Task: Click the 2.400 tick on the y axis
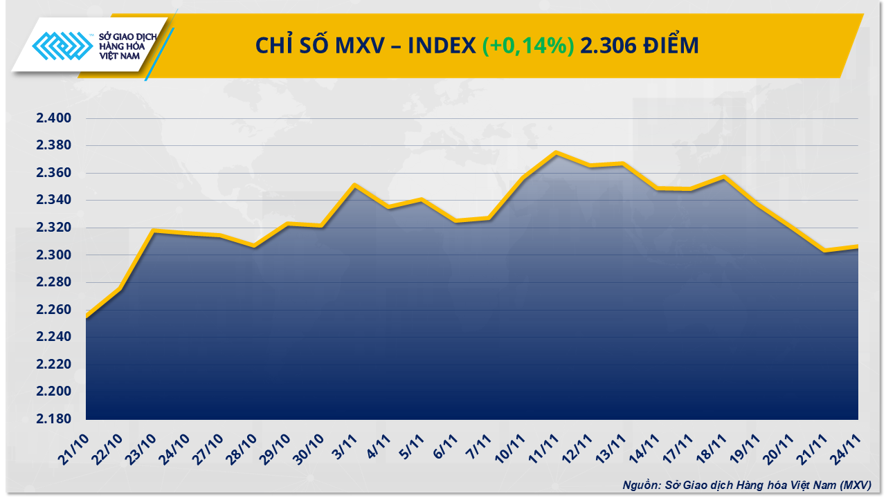[x=54, y=119]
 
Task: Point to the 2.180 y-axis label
[x=54, y=419]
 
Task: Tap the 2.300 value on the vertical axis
[x=54, y=255]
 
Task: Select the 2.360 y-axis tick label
[x=54, y=173]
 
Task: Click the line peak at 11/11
[x=557, y=153]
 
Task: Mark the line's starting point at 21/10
[x=87, y=317]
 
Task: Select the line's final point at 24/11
[x=858, y=247]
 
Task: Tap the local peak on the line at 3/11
[x=354, y=185]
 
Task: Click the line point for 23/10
[x=154, y=231]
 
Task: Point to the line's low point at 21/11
[x=824, y=250]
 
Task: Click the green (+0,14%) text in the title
[x=528, y=46]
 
